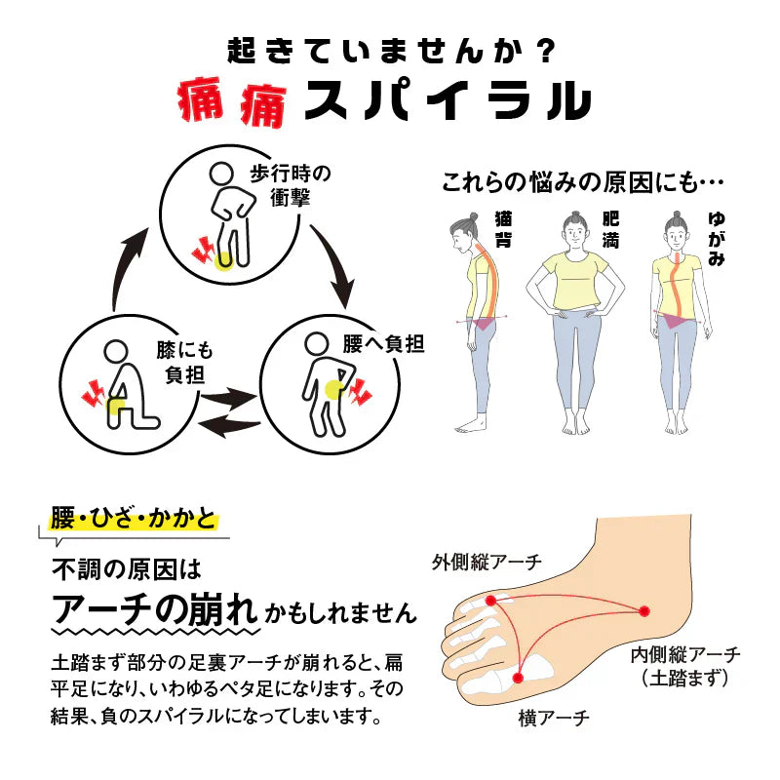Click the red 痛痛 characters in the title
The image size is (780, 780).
coord(231,101)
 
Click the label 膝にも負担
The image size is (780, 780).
coord(184,362)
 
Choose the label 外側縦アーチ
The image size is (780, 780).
coord(487,562)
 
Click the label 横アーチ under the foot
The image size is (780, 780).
coord(554,720)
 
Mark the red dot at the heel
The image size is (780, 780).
coord(644,611)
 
